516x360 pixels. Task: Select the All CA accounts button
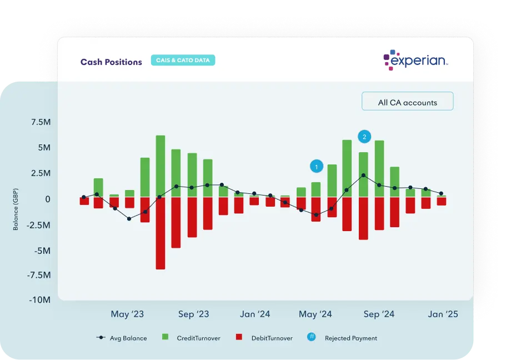point(407,102)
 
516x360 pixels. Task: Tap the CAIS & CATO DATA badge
point(183,61)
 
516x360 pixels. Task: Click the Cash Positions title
point(111,62)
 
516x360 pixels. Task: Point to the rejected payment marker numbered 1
point(316,166)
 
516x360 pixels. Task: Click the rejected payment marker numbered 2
point(364,136)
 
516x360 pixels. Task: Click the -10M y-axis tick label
point(40,300)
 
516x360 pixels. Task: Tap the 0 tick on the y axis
point(47,199)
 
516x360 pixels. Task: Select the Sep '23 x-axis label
point(193,314)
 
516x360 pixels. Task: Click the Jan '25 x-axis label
point(443,314)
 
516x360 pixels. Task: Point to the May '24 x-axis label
point(315,314)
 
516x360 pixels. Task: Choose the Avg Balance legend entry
point(122,338)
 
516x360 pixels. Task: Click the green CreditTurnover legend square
point(165,337)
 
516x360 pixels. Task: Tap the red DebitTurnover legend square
point(239,337)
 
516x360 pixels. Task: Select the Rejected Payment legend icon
point(312,337)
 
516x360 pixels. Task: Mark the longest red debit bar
point(161,233)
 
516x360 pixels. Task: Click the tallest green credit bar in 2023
point(161,166)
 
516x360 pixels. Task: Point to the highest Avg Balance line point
point(363,176)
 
